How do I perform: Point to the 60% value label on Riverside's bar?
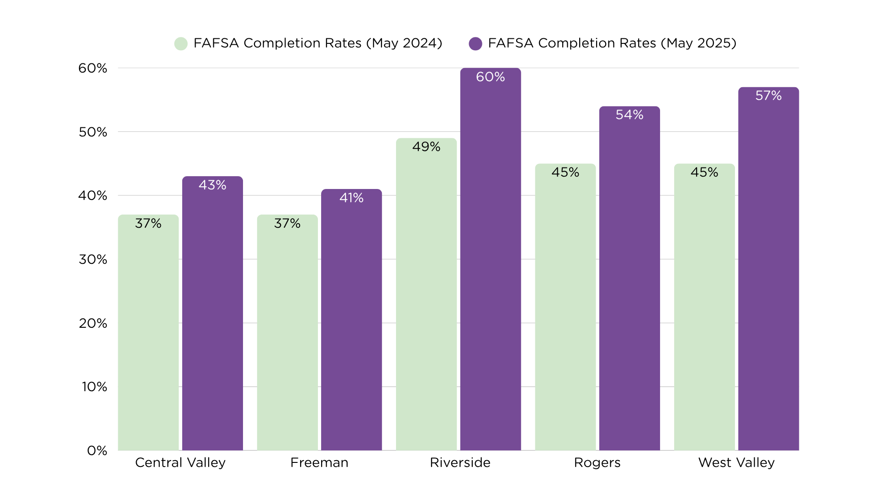[x=490, y=77]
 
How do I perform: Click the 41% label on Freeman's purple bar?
[x=351, y=198]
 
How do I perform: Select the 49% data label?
[x=426, y=147]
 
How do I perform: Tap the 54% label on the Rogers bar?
[x=629, y=115]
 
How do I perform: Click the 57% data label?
[x=768, y=95]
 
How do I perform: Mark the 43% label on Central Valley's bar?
[x=212, y=185]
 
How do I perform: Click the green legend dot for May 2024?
[x=181, y=43]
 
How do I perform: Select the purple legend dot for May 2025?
[x=475, y=43]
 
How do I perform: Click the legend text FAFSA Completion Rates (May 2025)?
[x=612, y=43]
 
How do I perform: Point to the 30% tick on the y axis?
[x=93, y=259]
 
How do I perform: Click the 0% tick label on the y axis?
[x=97, y=451]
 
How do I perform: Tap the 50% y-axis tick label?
[x=93, y=132]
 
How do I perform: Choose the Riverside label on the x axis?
[x=460, y=462]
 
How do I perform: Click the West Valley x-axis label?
[x=736, y=462]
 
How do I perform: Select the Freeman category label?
[x=319, y=462]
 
